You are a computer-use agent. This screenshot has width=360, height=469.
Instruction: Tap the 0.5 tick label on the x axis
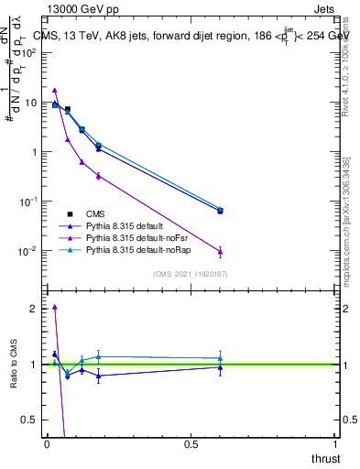[x=191, y=444]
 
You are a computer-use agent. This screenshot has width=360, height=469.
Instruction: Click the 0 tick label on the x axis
[x=47, y=444]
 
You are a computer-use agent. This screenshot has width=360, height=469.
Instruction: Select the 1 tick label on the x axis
[x=335, y=444]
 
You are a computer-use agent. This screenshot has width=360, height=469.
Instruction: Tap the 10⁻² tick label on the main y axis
[x=29, y=251]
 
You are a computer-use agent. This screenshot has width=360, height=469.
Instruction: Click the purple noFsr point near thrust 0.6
[x=220, y=251]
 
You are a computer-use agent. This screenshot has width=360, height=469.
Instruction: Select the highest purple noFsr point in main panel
[x=55, y=90]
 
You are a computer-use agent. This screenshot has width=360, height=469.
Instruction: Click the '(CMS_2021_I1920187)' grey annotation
[x=190, y=274]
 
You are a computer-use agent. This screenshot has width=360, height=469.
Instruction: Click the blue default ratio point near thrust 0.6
[x=220, y=367]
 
